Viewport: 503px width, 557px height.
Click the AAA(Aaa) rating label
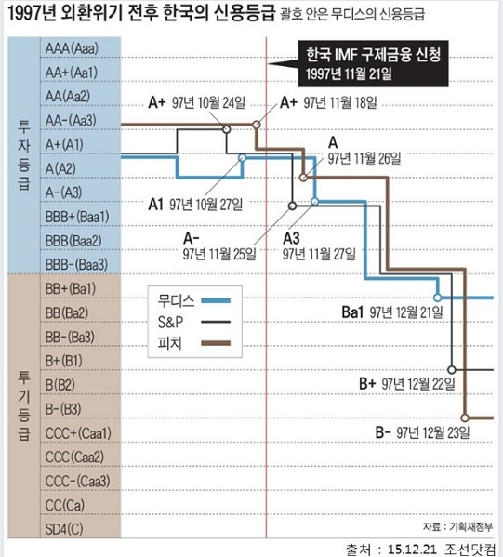point(72,48)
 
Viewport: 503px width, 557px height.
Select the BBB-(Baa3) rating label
point(76,264)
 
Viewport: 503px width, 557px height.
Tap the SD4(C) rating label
point(64,529)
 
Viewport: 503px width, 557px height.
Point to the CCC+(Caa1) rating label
point(78,433)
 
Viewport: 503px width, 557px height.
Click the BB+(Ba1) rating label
point(71,289)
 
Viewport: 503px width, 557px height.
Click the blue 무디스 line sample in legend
point(216,300)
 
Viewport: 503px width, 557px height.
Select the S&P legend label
point(170,322)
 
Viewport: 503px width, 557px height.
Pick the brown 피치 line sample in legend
point(216,343)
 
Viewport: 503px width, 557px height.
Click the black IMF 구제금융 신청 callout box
point(373,64)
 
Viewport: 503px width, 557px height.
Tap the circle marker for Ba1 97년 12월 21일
point(438,298)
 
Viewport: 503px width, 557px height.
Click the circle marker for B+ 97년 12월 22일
point(452,370)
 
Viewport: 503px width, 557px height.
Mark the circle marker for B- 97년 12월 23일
point(465,418)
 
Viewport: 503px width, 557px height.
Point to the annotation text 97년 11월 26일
point(364,158)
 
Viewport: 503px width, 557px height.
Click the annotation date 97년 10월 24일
point(209,102)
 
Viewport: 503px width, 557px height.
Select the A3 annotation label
point(291,238)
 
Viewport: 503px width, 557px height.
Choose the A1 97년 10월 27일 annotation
point(195,205)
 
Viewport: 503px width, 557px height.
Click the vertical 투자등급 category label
point(24,155)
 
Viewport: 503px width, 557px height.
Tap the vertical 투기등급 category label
point(24,405)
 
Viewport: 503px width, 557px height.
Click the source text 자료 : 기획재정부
point(457,526)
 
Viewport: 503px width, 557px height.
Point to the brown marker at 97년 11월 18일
point(257,125)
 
